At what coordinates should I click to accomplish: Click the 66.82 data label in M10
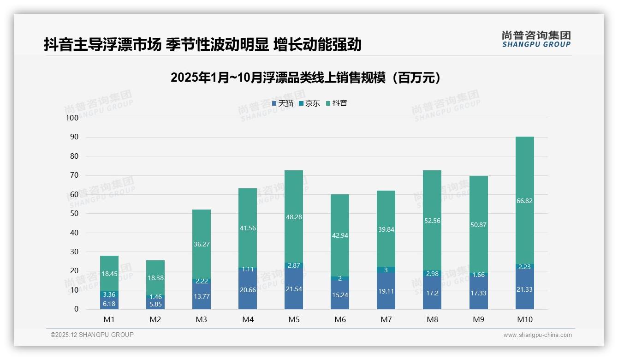tap(524, 201)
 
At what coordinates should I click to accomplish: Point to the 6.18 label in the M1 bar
tap(109, 304)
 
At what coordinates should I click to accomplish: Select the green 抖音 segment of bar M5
tap(294, 198)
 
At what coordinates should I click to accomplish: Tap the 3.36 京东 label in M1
tap(109, 294)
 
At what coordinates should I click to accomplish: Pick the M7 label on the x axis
tap(386, 319)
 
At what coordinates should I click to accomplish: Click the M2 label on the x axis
tap(155, 319)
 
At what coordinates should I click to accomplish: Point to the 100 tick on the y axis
tap(72, 118)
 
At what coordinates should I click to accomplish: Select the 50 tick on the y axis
tap(74, 214)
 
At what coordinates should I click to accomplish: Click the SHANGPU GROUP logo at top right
tap(536, 39)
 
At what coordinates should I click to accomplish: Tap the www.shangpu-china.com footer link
tap(537, 335)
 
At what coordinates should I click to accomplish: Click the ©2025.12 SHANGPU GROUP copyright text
tap(92, 335)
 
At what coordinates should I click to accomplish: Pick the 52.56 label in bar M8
tap(432, 221)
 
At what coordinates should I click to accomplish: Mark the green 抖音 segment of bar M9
tap(478, 208)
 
